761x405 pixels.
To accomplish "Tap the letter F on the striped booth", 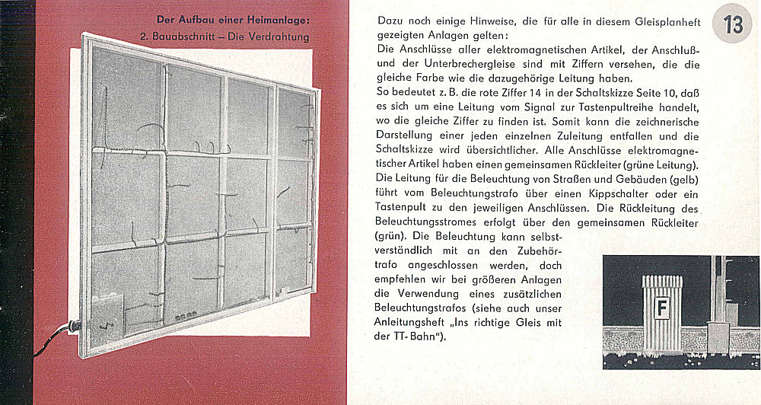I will coord(662,310).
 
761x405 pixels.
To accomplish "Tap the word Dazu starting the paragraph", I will coord(390,22).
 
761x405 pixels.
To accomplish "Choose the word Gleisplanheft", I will coord(661,22).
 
